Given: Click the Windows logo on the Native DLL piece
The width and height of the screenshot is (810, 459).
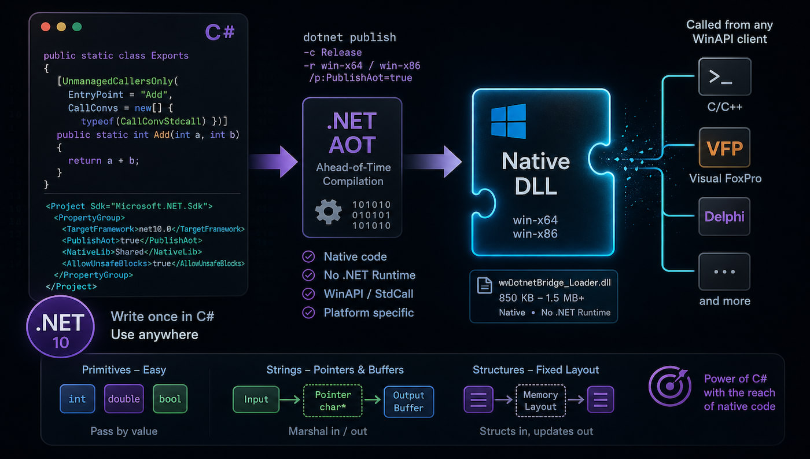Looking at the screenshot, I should tap(509, 121).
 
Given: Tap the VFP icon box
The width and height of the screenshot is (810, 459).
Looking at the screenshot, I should tap(724, 149).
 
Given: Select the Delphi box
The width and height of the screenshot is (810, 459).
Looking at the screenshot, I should tap(724, 217).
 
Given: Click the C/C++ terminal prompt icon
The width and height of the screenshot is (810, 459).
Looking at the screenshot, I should tap(724, 77).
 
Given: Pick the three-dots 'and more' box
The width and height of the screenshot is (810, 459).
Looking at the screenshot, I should tap(724, 271).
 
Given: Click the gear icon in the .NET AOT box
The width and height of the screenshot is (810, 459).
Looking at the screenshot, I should tap(328, 212).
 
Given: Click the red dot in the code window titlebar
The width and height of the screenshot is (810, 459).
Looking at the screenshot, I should tap(46, 27).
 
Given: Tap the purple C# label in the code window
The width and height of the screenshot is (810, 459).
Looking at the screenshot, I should tap(220, 32).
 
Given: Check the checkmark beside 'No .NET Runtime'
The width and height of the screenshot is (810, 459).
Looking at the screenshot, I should tap(310, 276).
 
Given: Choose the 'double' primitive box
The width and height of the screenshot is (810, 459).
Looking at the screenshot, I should tap(124, 399).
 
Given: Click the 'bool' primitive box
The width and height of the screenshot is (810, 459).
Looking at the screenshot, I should tap(170, 399).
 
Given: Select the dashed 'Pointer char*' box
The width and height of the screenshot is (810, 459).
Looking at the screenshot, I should tap(333, 401).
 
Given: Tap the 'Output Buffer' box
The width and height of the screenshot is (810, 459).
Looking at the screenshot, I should tap(408, 401).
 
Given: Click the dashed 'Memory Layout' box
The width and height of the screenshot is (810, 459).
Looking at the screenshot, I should tap(540, 401).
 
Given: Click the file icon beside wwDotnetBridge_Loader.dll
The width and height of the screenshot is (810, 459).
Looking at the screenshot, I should tap(484, 284).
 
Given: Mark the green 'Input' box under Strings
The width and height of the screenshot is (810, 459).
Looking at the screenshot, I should tap(256, 399).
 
